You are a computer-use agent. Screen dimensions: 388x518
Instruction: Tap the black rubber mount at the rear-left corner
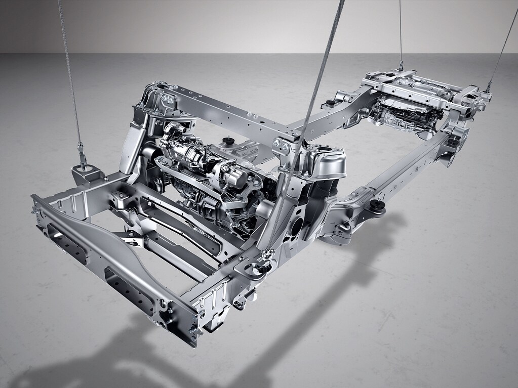tap(330, 103)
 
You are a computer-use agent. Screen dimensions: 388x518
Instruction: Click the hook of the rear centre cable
tap(401, 65)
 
